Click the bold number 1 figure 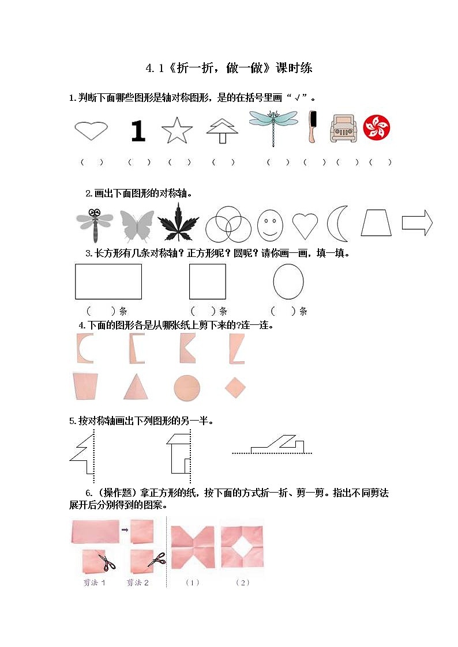click(137, 131)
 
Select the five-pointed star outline click(177, 131)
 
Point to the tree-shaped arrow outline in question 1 click(222, 131)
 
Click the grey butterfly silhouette click(137, 225)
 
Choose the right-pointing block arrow click(417, 222)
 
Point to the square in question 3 click(207, 282)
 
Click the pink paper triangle click(135, 386)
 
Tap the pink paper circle click(187, 388)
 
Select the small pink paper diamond click(235, 388)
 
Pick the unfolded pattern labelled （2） click(242, 547)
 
